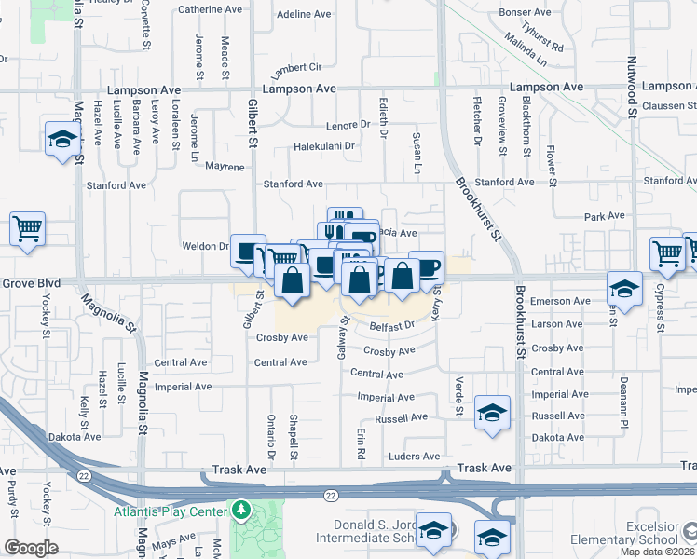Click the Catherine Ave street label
click(x=208, y=9)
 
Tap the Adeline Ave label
click(x=305, y=15)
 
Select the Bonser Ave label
click(x=526, y=12)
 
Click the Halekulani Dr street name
click(x=325, y=146)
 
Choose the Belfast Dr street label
click(x=391, y=326)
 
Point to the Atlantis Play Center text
click(x=170, y=512)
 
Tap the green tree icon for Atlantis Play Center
click(x=241, y=511)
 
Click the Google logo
click(x=31, y=548)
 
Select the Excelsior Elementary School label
click(x=637, y=533)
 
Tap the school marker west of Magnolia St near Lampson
click(x=62, y=140)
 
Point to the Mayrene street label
click(x=225, y=167)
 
